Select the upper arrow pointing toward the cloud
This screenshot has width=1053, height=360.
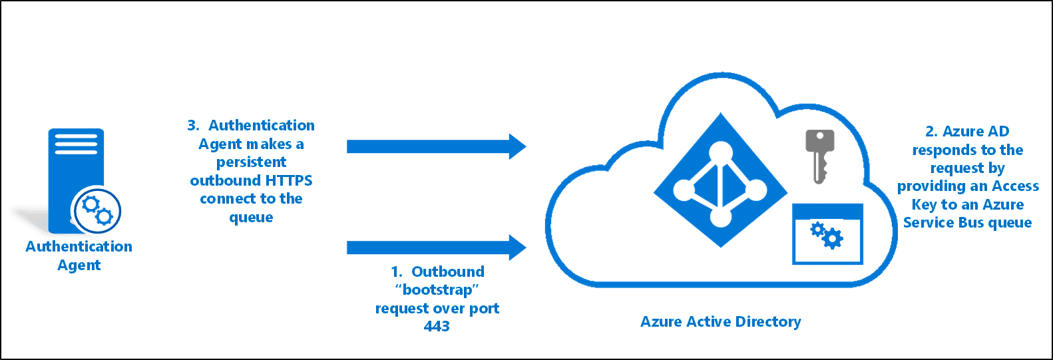click(436, 146)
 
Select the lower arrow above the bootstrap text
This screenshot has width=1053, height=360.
click(436, 248)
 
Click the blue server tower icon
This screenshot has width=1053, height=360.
click(76, 173)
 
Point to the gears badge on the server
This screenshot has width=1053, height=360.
click(97, 210)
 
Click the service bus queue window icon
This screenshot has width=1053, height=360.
click(827, 235)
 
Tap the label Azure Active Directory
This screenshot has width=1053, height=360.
click(720, 322)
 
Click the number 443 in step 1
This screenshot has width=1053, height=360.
click(437, 326)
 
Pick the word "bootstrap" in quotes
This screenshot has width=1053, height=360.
click(437, 290)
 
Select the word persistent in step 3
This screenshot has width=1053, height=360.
click(251, 162)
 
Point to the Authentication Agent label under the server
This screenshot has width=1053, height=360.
click(79, 256)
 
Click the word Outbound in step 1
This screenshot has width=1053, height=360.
click(447, 271)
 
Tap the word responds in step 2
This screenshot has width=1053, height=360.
click(945, 150)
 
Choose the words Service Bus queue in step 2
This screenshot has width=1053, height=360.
click(967, 223)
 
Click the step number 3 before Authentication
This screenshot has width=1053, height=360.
click(193, 125)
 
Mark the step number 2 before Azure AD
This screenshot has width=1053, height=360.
click(931, 132)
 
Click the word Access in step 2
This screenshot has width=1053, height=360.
click(1015, 186)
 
